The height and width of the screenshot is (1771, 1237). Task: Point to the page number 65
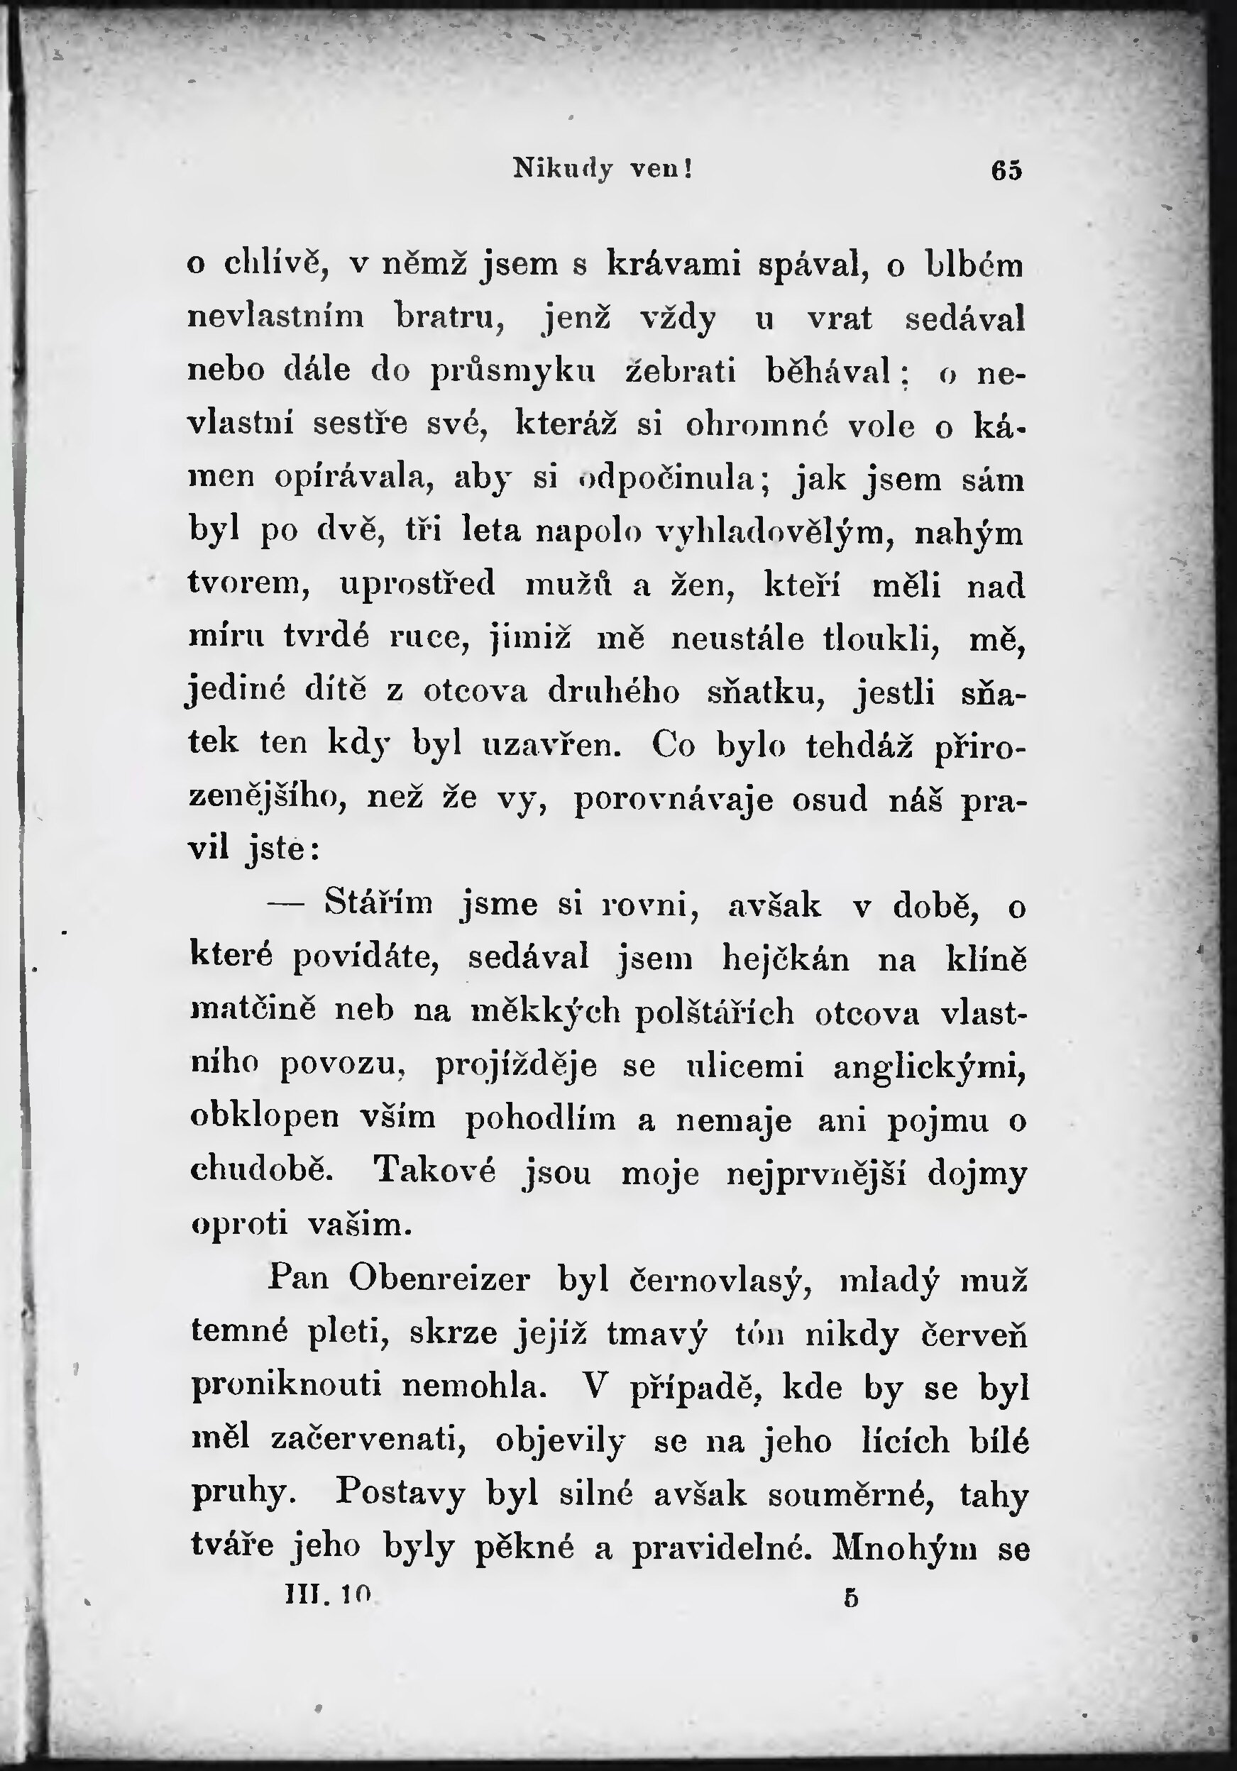coord(1006,170)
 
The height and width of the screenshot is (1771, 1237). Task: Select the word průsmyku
coord(512,372)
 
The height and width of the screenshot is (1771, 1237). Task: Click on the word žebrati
coord(681,372)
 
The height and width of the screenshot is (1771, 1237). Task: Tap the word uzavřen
coord(551,744)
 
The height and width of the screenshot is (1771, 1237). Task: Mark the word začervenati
coord(369,1440)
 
